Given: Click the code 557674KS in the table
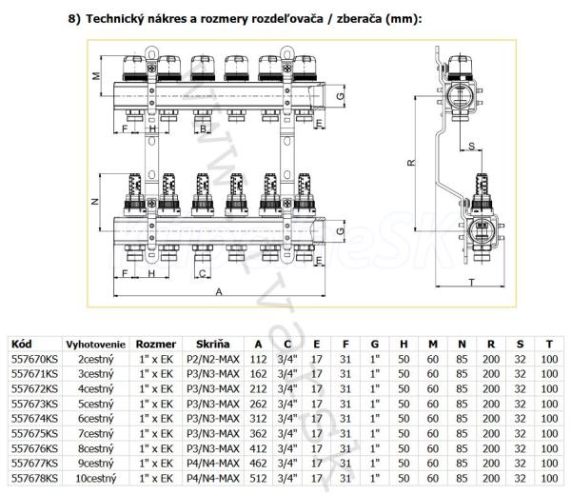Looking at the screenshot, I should pos(33,419).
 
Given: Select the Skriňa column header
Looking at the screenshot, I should pos(212,343).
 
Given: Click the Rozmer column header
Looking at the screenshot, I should pos(156,343).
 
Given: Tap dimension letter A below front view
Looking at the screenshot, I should pos(219,292).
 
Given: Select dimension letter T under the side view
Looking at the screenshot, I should pos(471,282).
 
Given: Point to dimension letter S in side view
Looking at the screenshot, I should pos(472,145).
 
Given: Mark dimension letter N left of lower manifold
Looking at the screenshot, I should pos(95,203).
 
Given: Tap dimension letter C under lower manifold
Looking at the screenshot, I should pos(202,273).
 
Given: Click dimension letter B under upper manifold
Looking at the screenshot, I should pos(202,127).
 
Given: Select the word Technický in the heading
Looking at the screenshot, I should pos(118,19).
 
